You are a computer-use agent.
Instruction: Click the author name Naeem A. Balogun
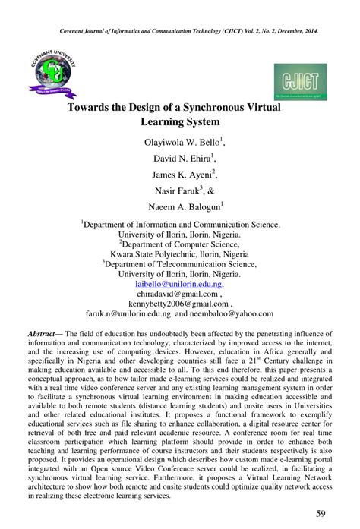point(178,206)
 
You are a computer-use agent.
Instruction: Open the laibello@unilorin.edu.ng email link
point(179,283)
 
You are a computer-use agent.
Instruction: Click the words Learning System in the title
point(179,121)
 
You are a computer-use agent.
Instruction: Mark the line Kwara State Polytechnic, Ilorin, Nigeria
point(179,253)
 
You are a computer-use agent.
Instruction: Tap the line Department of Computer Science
point(179,244)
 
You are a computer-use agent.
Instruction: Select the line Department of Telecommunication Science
point(179,263)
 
